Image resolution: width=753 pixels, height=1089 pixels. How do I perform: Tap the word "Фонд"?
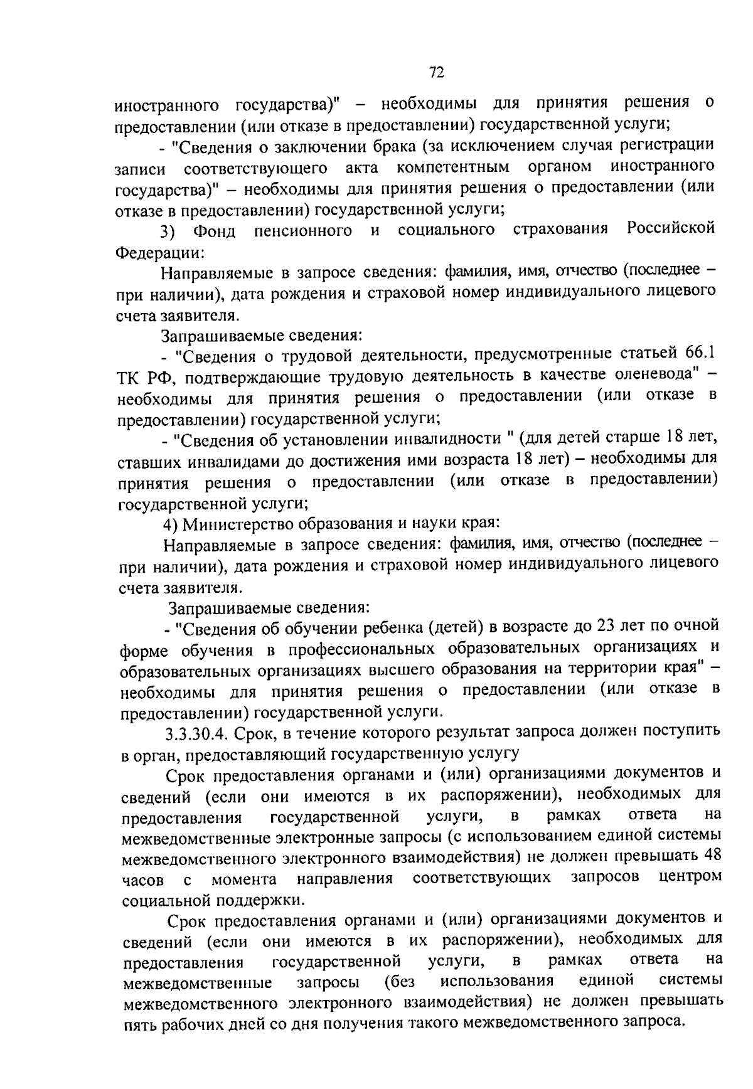[214, 231]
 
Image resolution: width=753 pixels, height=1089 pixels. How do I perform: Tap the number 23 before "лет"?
[605, 625]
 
